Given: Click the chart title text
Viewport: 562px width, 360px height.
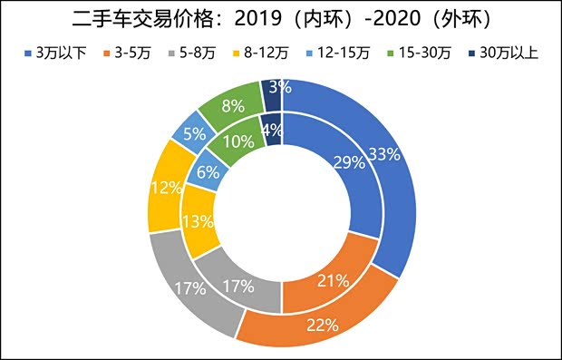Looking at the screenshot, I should coord(281,19).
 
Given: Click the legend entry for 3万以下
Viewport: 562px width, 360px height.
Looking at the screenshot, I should coord(56,52).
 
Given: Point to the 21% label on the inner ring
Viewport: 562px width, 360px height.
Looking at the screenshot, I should coord(333,280).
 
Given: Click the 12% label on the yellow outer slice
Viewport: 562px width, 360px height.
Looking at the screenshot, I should coord(164,188).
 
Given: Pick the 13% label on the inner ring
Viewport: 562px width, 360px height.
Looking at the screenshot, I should coord(198,220).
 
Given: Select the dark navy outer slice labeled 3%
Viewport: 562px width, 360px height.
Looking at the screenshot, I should coord(275,88).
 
